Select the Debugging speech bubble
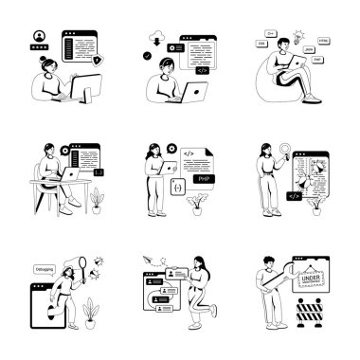click(x=41, y=268)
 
